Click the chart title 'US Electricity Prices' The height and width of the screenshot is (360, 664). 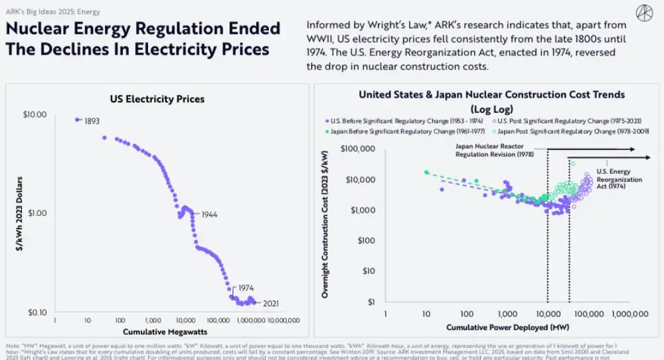(157, 100)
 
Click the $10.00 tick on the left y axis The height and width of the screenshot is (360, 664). (35, 114)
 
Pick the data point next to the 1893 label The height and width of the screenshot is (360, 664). (78, 120)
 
